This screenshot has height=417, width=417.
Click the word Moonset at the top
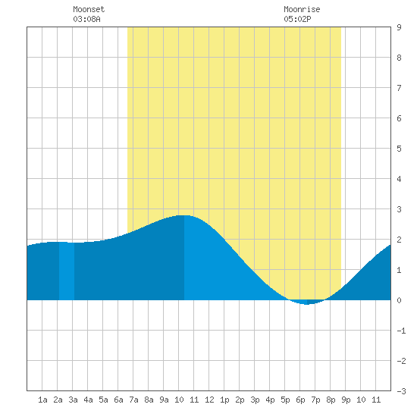coord(89,9)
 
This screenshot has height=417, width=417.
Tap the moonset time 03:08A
coord(86,19)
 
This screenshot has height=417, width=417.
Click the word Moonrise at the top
coord(302,9)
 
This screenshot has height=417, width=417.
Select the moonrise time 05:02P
coord(297,19)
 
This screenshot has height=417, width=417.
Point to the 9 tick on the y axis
coord(399,27)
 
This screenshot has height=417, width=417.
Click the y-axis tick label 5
coord(399,149)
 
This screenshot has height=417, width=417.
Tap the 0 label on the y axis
coord(399,300)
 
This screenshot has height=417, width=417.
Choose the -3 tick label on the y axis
coord(401,391)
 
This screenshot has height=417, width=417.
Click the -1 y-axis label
coord(401,331)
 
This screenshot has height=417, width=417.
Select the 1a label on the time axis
coord(42,400)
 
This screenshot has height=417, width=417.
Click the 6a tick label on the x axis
coord(118,400)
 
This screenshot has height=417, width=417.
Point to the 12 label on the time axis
coord(209,400)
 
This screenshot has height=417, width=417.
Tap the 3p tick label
coord(255,400)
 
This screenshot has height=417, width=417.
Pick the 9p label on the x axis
coord(346,400)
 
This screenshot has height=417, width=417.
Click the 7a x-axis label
coord(133,400)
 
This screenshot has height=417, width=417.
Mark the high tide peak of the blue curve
coord(184,215)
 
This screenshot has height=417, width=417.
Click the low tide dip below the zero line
coord(306,304)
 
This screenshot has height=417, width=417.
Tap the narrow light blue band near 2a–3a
coord(67,271)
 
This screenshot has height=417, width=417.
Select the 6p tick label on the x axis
coord(300,400)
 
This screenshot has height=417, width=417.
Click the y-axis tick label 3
coord(399,209)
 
